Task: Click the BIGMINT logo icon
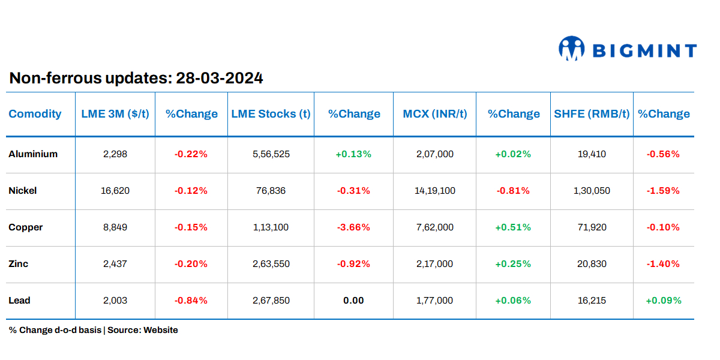[x=571, y=49]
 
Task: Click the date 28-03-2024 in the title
[x=219, y=78]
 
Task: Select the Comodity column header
[x=35, y=114]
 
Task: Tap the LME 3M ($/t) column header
[x=115, y=114]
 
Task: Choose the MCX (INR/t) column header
[x=434, y=114]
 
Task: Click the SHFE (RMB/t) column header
[x=592, y=114]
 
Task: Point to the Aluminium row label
[x=33, y=154]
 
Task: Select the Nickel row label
[x=23, y=191]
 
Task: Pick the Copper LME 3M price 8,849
[x=115, y=227]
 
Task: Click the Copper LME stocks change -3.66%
[x=353, y=227]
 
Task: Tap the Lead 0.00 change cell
[x=353, y=301]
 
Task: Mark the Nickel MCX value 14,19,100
[x=434, y=191]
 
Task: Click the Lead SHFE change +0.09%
[x=663, y=301]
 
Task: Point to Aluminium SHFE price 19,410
[x=592, y=154]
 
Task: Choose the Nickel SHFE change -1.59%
[x=663, y=191]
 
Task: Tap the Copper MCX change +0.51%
[x=513, y=227]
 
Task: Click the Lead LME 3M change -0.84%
[x=191, y=301]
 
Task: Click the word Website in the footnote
[x=160, y=330]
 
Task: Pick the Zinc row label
[x=19, y=264]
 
